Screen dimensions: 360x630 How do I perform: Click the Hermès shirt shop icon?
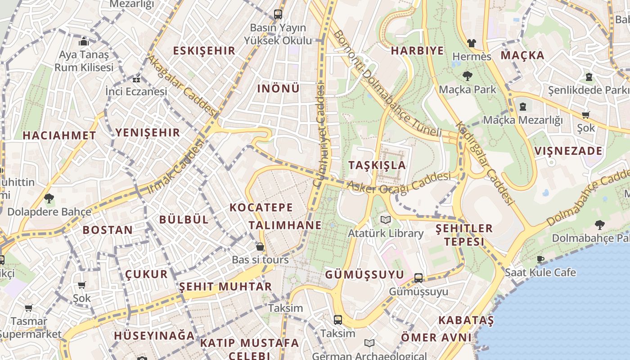[471, 43]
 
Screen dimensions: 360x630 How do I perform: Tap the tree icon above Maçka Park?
[468, 76]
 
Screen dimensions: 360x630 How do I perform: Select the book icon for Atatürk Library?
[385, 220]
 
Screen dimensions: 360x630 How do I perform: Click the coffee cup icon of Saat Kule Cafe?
[540, 259]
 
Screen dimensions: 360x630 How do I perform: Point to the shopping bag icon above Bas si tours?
[260, 247]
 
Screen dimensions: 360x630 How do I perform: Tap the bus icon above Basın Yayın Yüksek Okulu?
[278, 14]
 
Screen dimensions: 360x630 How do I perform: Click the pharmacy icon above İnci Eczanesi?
[136, 79]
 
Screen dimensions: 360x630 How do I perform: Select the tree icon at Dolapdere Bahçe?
[49, 198]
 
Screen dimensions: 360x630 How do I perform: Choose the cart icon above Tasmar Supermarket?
[28, 308]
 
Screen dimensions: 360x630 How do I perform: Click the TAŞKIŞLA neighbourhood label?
[377, 165]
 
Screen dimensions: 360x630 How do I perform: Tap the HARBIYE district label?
[417, 50]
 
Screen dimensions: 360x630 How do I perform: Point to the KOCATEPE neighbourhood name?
[261, 207]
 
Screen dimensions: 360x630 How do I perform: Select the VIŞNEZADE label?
[568, 151]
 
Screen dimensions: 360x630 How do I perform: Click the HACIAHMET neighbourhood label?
[59, 135]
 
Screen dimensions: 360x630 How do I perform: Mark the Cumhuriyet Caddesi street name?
[321, 135]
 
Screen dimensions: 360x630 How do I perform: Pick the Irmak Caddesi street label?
[175, 167]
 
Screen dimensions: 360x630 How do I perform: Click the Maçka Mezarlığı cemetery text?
[522, 120]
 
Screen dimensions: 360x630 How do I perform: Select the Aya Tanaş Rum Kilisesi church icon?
[84, 42]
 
